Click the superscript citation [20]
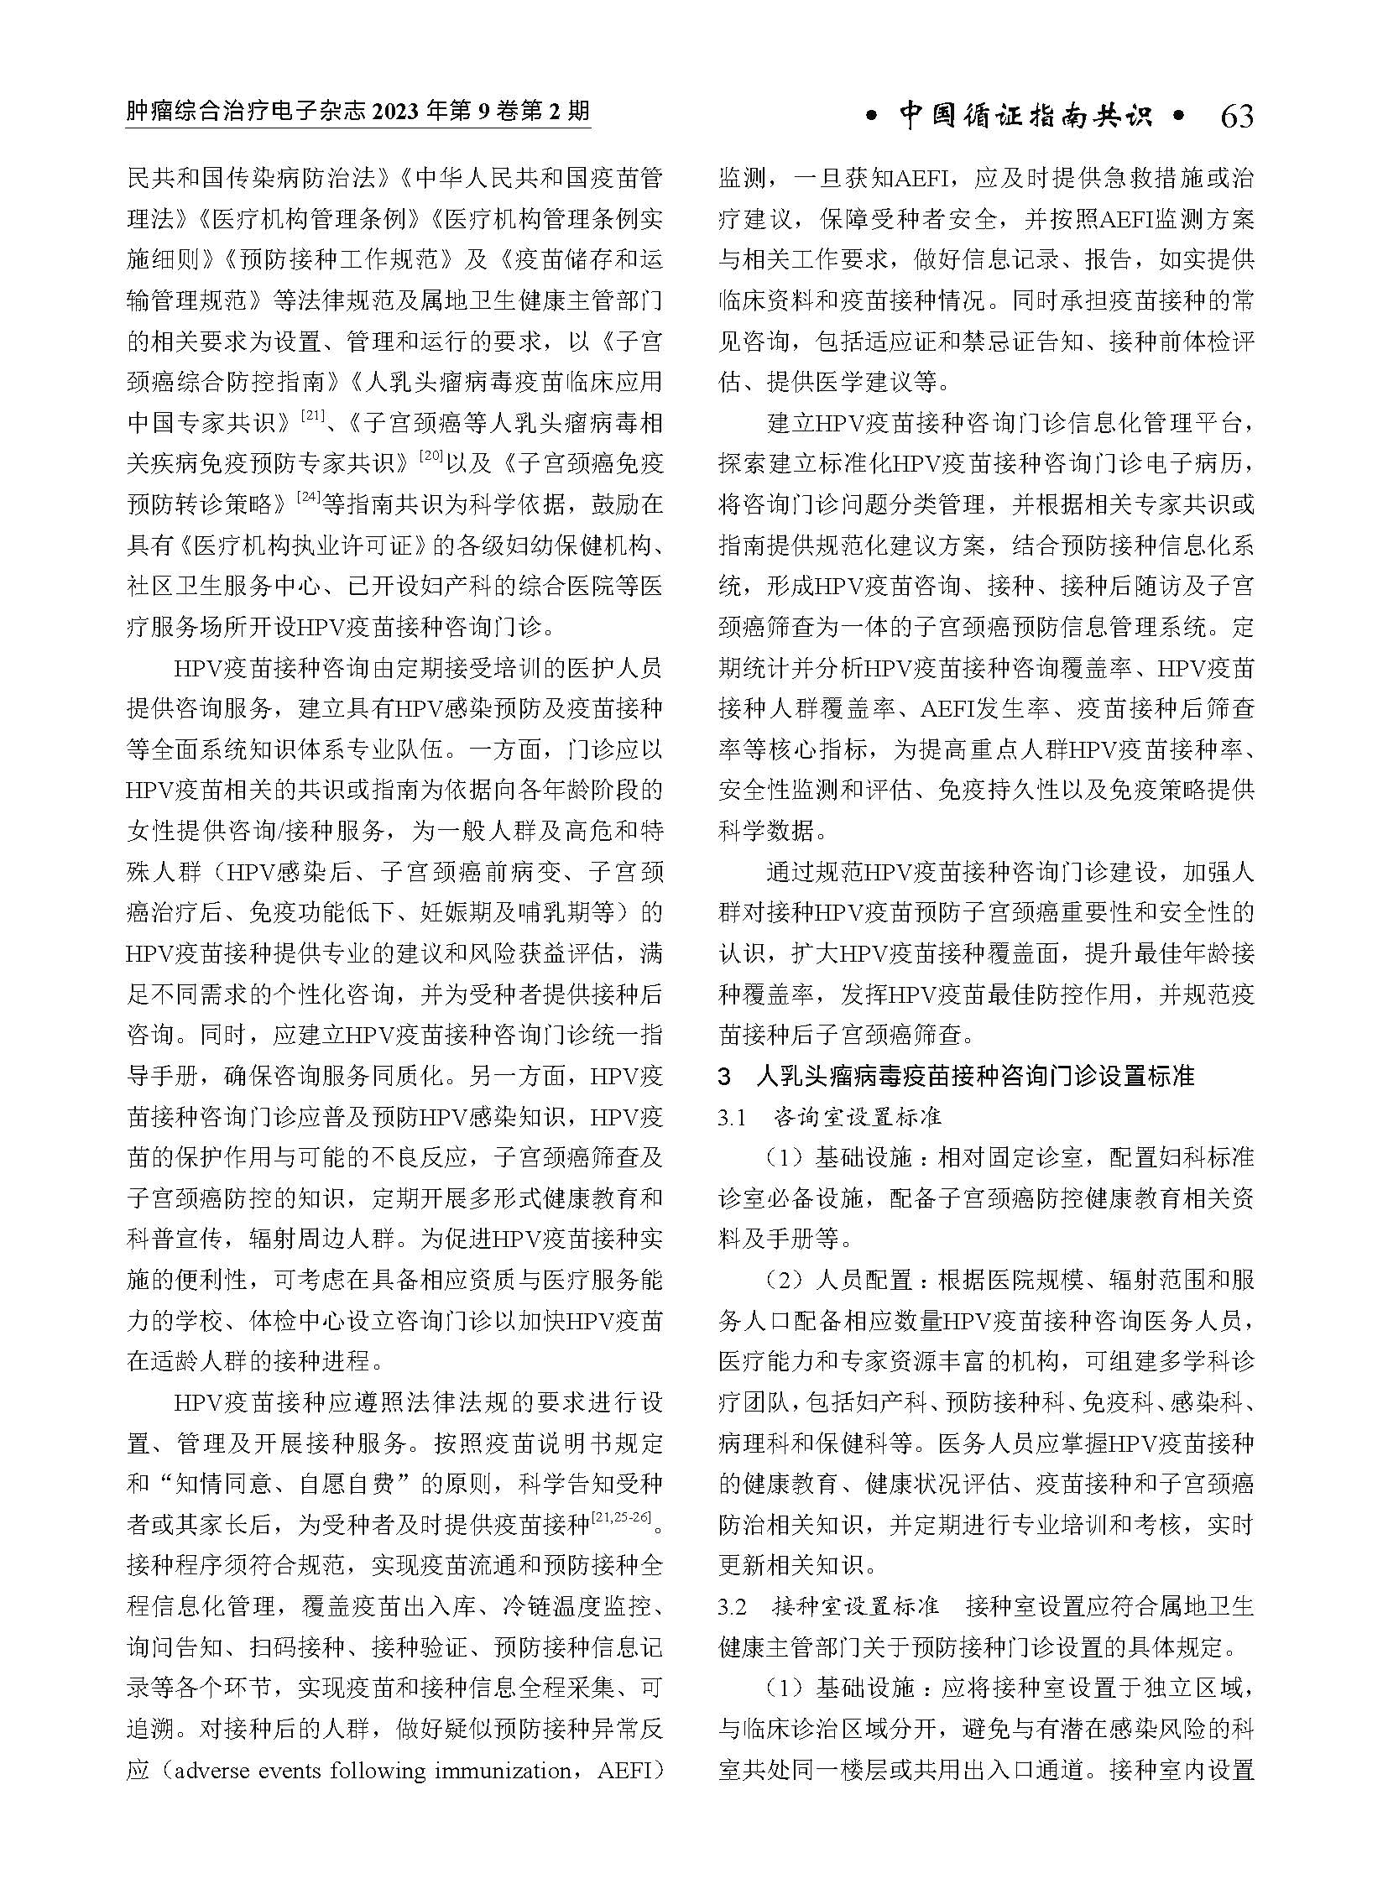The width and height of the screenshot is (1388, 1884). (431, 459)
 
